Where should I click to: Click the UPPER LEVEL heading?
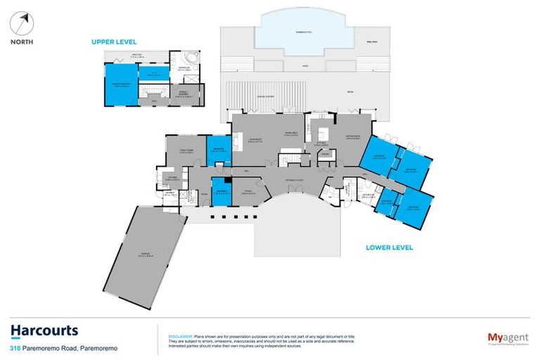click(x=114, y=42)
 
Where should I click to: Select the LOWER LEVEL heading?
click(x=389, y=247)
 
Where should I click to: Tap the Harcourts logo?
click(x=44, y=331)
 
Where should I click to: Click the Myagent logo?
click(x=508, y=338)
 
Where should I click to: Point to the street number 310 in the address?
click(x=15, y=348)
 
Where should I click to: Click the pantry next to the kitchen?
click(x=325, y=167)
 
